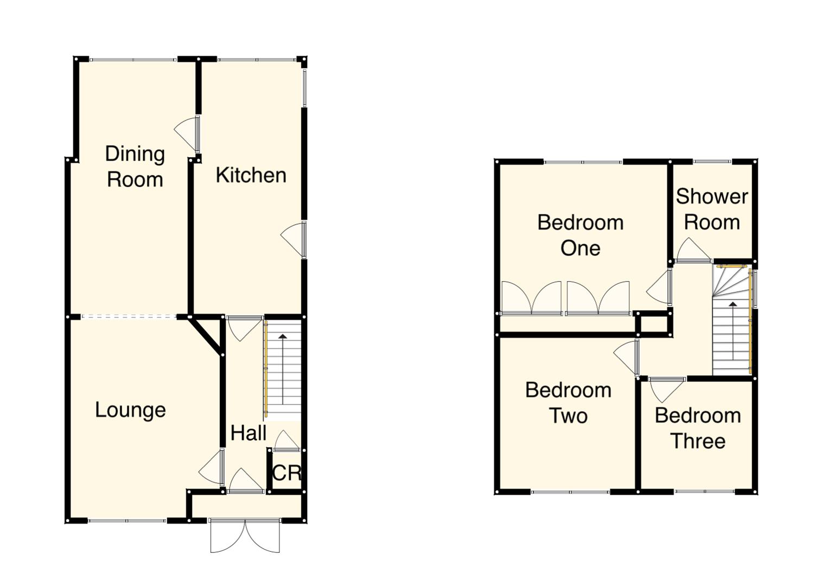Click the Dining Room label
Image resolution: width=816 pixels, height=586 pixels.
click(135, 167)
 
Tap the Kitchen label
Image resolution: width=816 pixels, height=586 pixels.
click(251, 175)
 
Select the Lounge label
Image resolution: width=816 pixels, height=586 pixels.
click(130, 410)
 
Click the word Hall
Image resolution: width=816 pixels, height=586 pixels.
click(248, 433)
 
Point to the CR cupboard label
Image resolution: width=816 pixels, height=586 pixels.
click(286, 473)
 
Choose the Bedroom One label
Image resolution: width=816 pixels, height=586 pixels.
click(580, 235)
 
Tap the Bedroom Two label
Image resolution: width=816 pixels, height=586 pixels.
click(568, 403)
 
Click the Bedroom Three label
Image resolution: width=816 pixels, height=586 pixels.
click(698, 428)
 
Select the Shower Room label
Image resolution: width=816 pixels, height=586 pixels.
click(712, 209)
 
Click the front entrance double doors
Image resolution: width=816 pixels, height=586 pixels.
click(245, 536)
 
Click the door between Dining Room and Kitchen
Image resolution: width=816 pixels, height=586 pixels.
click(188, 133)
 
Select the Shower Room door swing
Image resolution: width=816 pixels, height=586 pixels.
click(692, 251)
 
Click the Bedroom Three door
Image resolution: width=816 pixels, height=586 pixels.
click(666, 387)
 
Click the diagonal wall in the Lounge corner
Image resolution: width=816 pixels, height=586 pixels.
click(206, 336)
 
